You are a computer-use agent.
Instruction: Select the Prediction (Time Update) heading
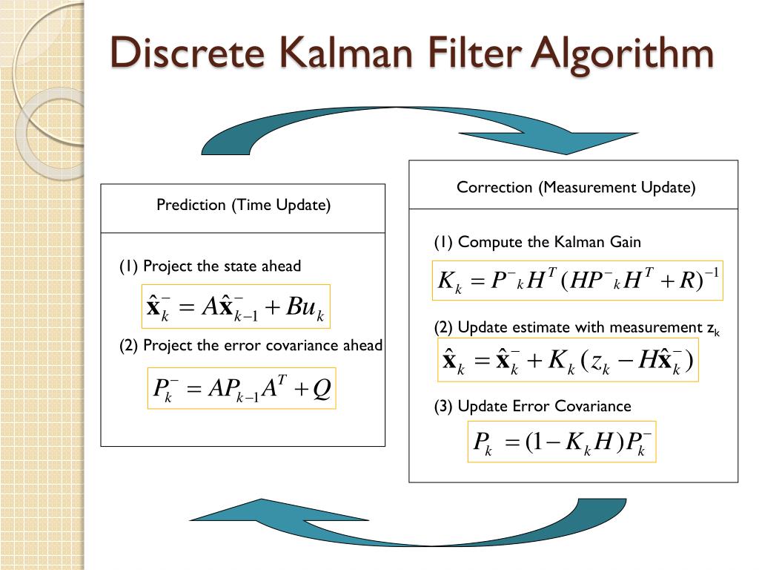pyautogui.click(x=243, y=205)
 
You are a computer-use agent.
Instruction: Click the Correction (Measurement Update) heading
pyautogui.click(x=576, y=187)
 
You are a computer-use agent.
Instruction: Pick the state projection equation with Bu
pyautogui.click(x=236, y=307)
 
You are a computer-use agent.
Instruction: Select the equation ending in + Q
pyautogui.click(x=242, y=387)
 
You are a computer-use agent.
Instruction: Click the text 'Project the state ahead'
pyautogui.click(x=222, y=266)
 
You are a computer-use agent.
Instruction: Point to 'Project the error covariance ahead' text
pyautogui.click(x=262, y=345)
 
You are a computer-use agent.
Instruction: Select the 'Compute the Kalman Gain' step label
pyautogui.click(x=549, y=242)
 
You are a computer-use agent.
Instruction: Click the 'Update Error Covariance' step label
pyautogui.click(x=544, y=406)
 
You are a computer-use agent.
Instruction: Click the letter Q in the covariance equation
pyautogui.click(x=321, y=387)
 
